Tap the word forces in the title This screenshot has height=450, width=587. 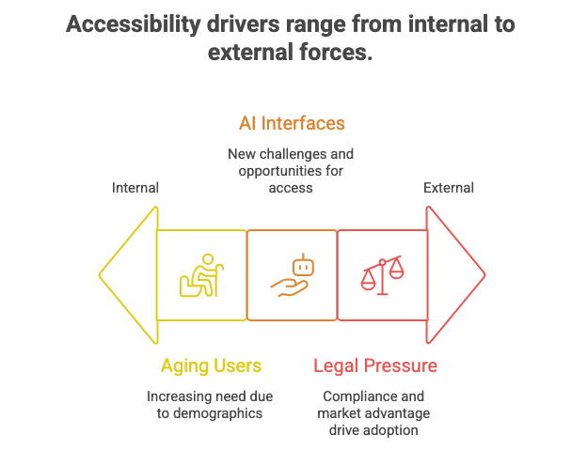(334, 53)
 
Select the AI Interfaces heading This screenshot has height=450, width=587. (291, 123)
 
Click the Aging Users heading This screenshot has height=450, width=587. (210, 365)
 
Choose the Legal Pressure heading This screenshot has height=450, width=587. (374, 365)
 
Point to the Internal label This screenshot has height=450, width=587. (135, 188)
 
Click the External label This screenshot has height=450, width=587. (448, 188)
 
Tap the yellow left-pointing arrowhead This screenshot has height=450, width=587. (127, 274)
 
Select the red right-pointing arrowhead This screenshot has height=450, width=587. (456, 274)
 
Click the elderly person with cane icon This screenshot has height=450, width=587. (201, 275)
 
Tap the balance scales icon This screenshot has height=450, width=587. (382, 275)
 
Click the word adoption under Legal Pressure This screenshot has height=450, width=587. (397, 429)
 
